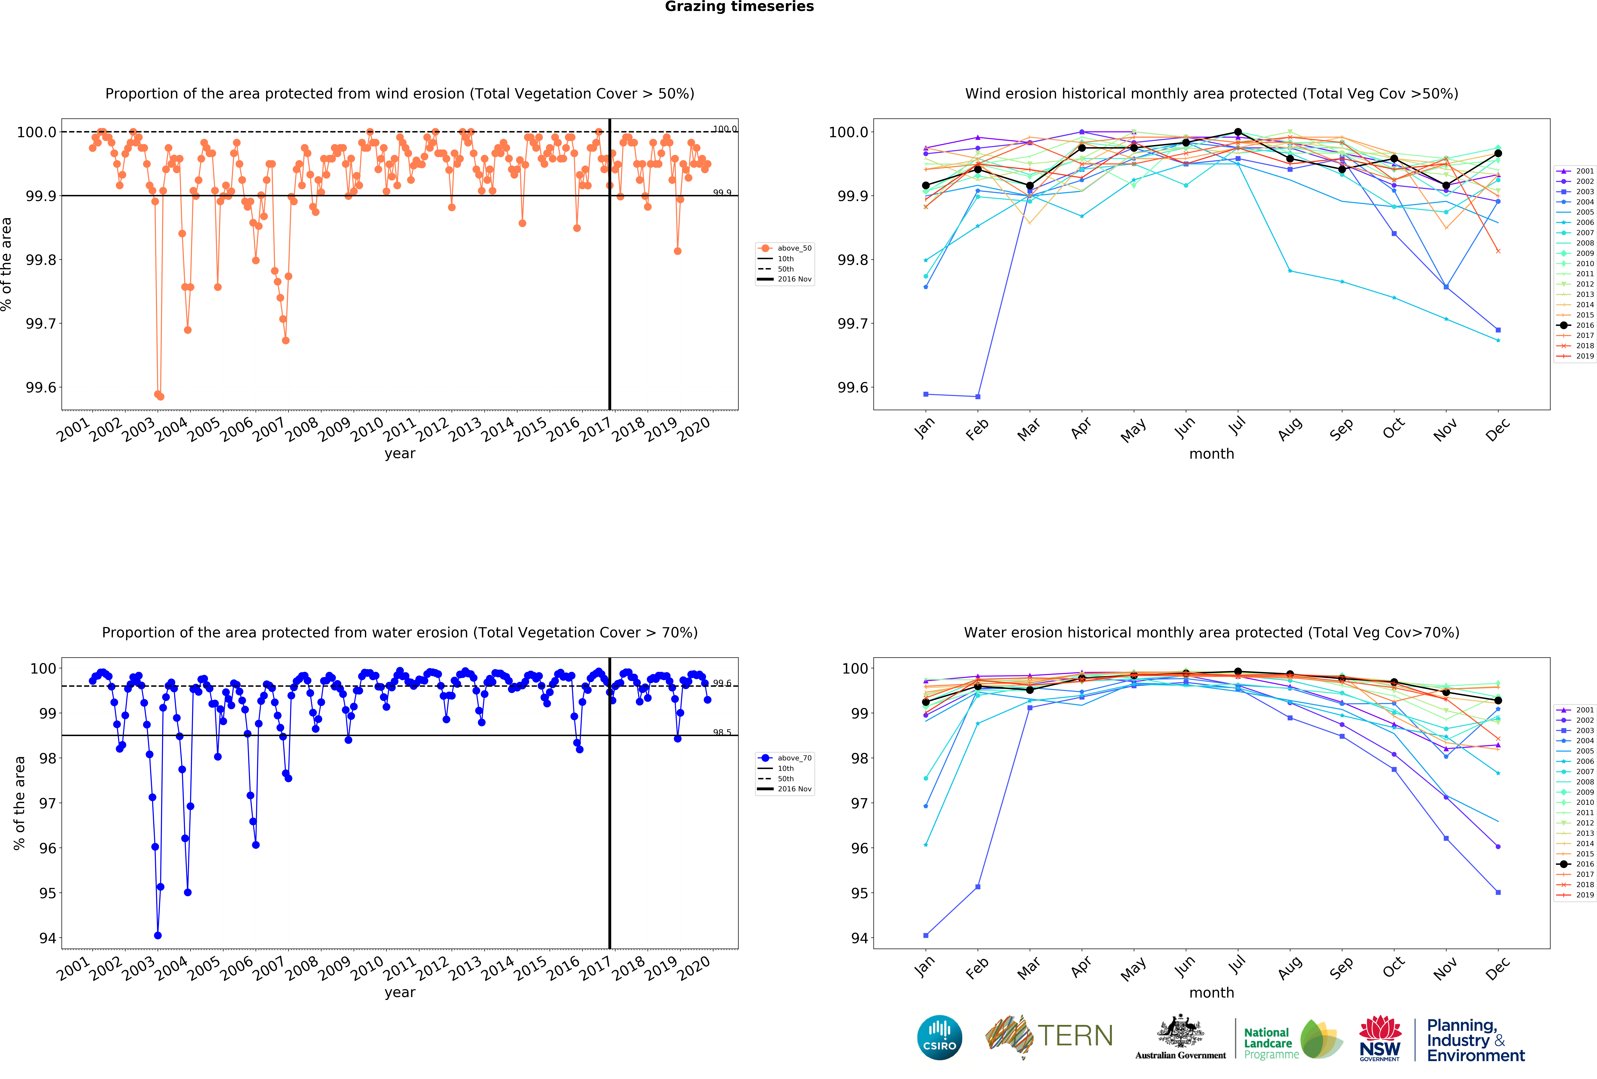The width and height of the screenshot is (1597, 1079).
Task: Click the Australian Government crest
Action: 1180,1031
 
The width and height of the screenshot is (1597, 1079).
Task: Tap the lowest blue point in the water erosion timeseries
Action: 158,935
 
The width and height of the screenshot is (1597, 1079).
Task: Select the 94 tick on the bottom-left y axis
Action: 47,938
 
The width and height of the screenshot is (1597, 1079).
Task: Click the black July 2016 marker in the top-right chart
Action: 1238,132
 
